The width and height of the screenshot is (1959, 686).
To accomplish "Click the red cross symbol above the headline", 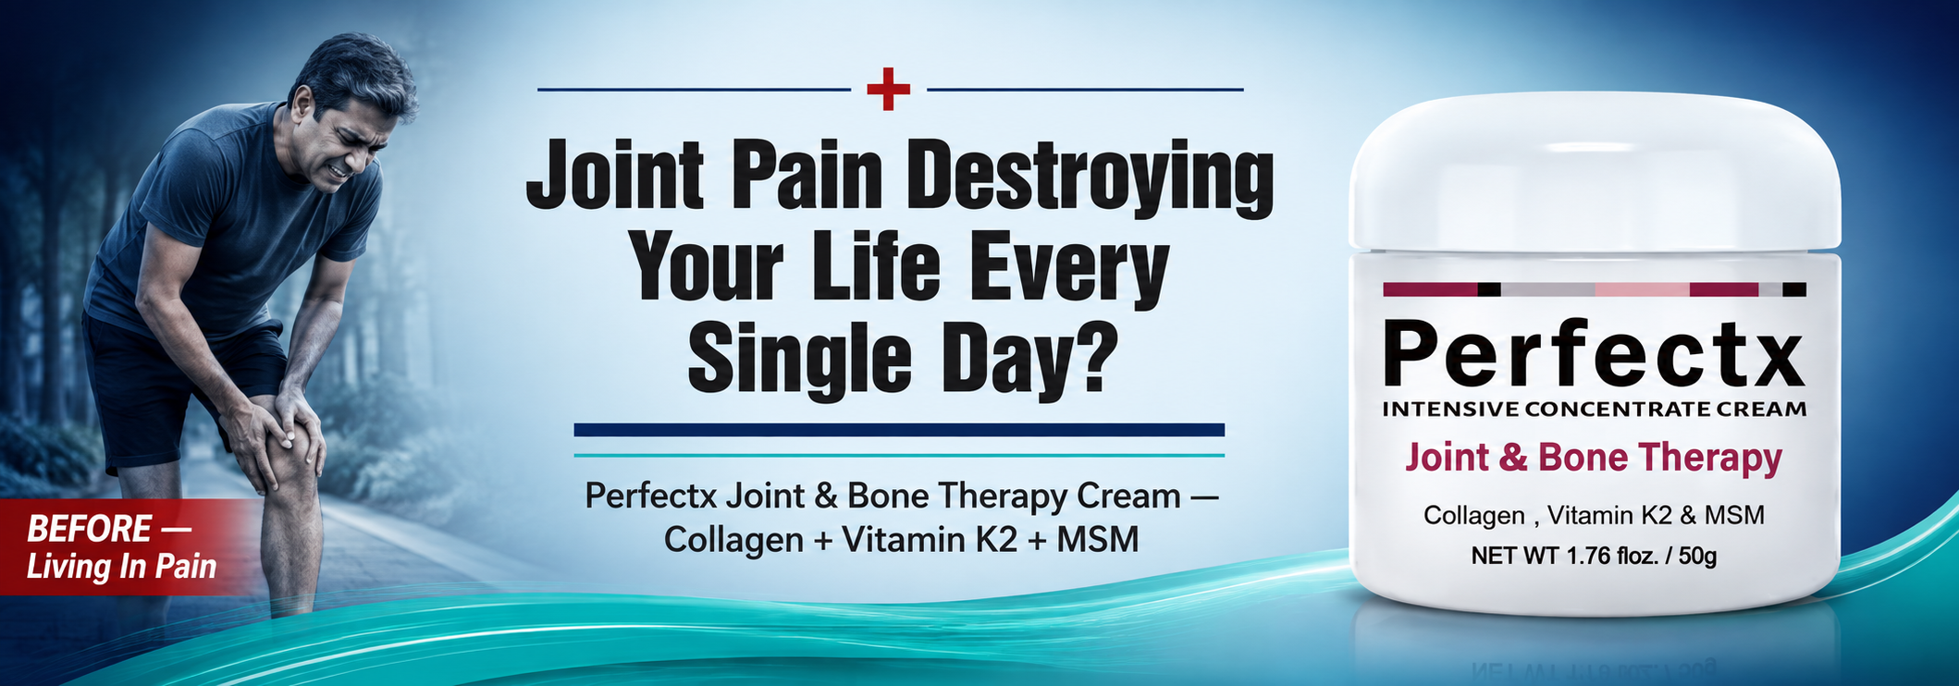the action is [x=888, y=89].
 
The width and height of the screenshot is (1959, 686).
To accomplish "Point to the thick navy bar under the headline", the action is [x=899, y=430].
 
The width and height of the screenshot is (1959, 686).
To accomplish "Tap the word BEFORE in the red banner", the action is [x=89, y=529].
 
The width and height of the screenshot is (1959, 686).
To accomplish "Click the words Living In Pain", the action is [x=121, y=567].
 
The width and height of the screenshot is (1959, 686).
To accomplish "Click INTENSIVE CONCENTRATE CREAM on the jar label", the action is [x=1594, y=409].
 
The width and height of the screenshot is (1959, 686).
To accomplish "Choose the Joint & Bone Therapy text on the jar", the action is [x=1594, y=459].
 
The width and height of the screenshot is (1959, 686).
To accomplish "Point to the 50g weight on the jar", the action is [x=1697, y=556].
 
